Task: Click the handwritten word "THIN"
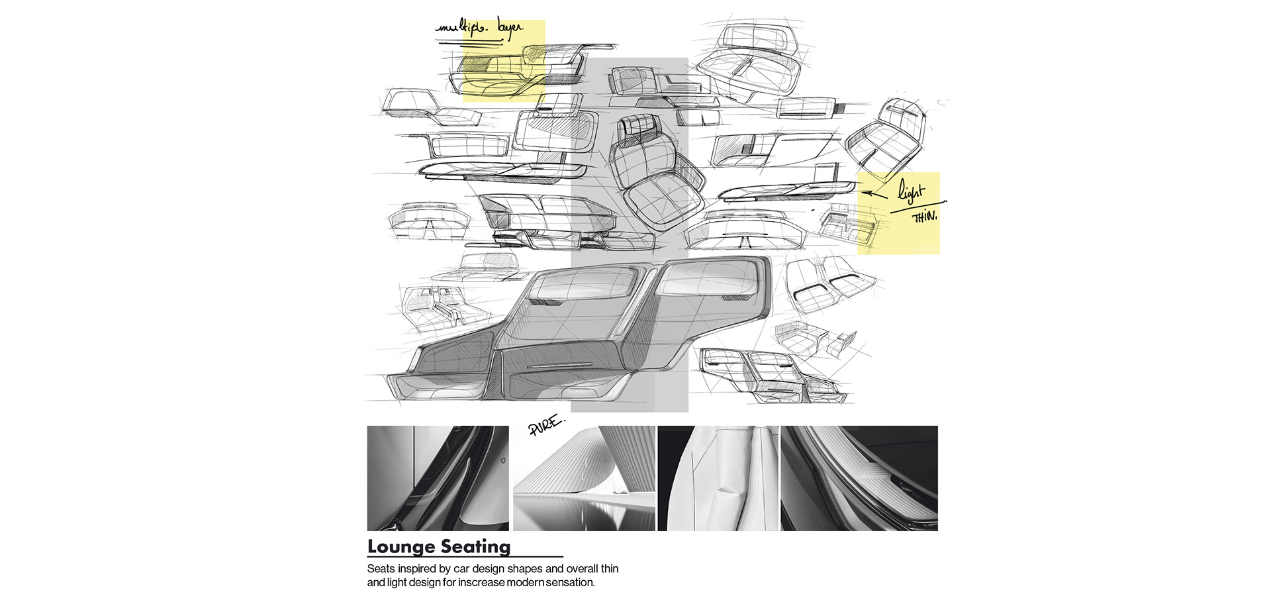tap(925, 217)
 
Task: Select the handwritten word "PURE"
tap(546, 425)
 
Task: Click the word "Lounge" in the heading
tap(399, 547)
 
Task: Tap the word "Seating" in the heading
tap(475, 547)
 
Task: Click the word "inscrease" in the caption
tap(481, 583)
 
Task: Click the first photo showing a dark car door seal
tap(438, 478)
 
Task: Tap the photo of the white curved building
tap(584, 478)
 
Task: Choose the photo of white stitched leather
tap(718, 478)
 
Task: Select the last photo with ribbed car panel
tap(859, 478)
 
